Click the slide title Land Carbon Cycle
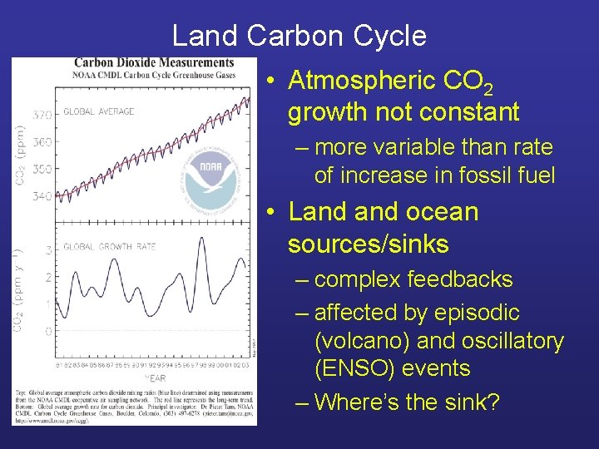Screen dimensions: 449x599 299,36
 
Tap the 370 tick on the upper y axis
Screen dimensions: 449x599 43,114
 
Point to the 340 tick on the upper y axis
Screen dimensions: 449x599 43,196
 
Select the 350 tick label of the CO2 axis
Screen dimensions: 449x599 43,169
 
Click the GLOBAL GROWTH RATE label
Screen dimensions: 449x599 110,246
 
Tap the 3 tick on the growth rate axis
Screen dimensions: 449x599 48,249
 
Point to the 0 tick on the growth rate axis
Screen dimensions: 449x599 48,330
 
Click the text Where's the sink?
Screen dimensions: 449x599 407,402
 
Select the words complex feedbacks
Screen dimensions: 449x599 413,279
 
